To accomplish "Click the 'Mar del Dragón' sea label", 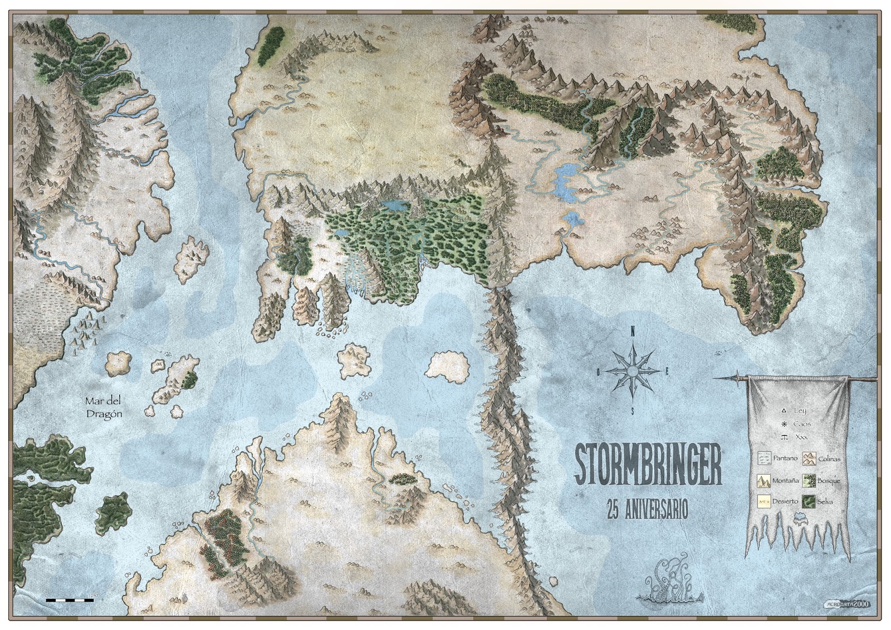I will point(103,407).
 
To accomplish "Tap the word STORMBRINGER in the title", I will point(648,463).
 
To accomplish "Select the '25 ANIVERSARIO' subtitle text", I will point(648,509).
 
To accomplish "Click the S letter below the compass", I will point(633,412).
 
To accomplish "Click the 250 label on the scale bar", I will point(94,597).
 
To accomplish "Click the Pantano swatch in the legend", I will point(764,458).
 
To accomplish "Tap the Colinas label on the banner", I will point(829,459).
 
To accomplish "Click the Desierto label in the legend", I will point(785,501).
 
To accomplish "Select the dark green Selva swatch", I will point(809,501).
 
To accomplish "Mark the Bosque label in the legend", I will point(829,480).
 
